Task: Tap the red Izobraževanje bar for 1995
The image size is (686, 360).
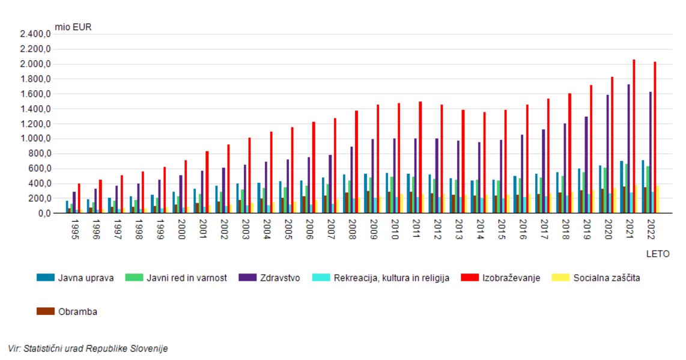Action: tap(79, 198)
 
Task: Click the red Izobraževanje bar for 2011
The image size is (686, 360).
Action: tap(420, 157)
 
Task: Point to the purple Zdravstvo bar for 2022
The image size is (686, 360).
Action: tap(651, 153)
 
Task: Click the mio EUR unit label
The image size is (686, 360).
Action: tap(73, 26)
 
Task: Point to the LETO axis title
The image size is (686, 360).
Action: tap(658, 254)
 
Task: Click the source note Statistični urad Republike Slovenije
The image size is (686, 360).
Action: tap(88, 349)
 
